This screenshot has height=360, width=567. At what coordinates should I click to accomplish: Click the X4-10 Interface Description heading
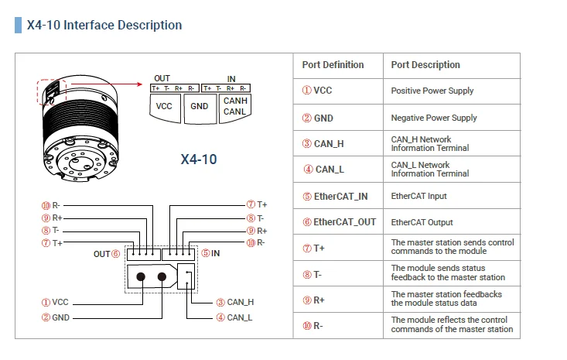(x=104, y=25)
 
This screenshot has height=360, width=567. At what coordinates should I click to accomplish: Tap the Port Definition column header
(x=333, y=65)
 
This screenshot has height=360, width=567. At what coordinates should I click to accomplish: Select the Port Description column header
(x=425, y=65)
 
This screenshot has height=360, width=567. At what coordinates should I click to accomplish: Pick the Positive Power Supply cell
(x=432, y=91)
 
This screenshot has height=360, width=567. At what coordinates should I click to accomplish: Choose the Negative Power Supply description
(x=433, y=118)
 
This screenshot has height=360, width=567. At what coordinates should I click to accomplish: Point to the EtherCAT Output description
(x=422, y=222)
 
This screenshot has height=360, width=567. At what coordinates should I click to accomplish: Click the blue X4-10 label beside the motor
(x=199, y=159)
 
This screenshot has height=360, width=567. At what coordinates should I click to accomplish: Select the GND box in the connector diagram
(x=200, y=107)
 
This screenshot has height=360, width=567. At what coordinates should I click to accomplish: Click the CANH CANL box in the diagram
(x=235, y=107)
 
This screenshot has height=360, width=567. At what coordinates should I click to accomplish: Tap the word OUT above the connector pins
(x=162, y=78)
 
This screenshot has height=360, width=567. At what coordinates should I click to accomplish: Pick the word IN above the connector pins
(x=231, y=78)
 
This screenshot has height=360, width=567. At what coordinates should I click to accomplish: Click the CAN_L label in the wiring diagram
(x=240, y=317)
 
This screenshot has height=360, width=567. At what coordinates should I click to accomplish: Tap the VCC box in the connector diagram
(x=164, y=107)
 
